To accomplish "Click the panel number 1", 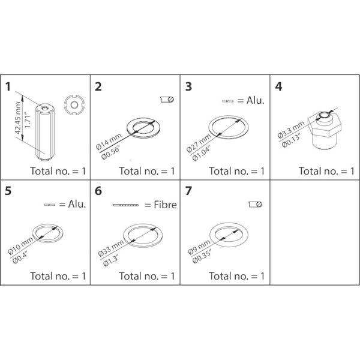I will coord(9,86).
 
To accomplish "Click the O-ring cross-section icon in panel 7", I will coord(254,205).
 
